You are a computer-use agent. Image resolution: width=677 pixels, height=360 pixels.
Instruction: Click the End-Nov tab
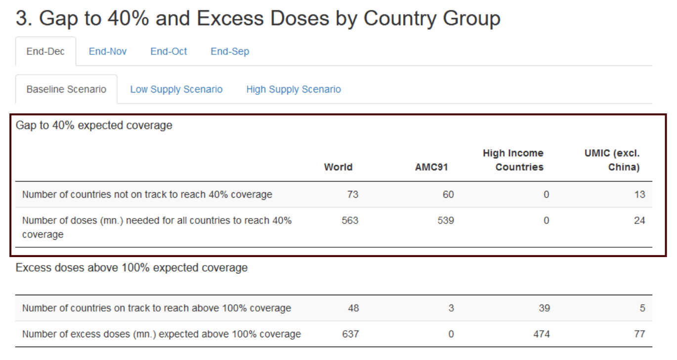[x=108, y=51]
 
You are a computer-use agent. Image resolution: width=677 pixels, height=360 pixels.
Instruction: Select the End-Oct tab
[x=169, y=51]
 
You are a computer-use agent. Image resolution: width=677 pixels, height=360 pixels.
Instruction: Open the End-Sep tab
[x=230, y=51]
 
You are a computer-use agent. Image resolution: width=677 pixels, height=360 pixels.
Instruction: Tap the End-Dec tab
[x=45, y=51]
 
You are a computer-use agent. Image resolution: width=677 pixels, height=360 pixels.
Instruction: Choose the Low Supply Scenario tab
[x=176, y=90]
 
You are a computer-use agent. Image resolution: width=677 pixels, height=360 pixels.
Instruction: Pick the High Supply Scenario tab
[x=294, y=90]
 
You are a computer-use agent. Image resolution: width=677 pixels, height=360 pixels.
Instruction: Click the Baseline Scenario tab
[x=66, y=90]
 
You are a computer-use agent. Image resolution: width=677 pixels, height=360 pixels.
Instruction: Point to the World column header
[x=338, y=167]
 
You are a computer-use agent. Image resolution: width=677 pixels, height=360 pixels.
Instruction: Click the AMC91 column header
[x=431, y=167]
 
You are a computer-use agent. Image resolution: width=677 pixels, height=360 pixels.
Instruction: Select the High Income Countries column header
[x=513, y=160]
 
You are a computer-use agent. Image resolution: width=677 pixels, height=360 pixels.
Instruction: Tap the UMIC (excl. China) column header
[x=613, y=160]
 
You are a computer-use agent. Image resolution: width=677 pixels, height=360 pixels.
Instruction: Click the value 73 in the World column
[x=352, y=195]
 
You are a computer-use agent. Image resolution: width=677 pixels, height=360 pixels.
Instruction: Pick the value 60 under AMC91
[x=448, y=195]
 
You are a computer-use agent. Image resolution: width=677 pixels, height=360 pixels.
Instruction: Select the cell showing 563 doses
[x=350, y=221]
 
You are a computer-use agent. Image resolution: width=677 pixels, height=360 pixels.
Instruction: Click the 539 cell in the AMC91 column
[x=445, y=221]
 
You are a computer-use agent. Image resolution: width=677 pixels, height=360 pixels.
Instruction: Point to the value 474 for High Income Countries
[x=541, y=334]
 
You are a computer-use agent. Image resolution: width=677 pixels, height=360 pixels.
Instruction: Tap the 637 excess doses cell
[x=350, y=334]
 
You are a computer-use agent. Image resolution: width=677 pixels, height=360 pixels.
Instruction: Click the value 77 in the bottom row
[x=639, y=334]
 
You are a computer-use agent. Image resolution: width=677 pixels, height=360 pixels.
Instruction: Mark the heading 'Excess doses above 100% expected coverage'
[x=131, y=268]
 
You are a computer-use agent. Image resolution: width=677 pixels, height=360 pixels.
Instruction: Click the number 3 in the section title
[x=23, y=19]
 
